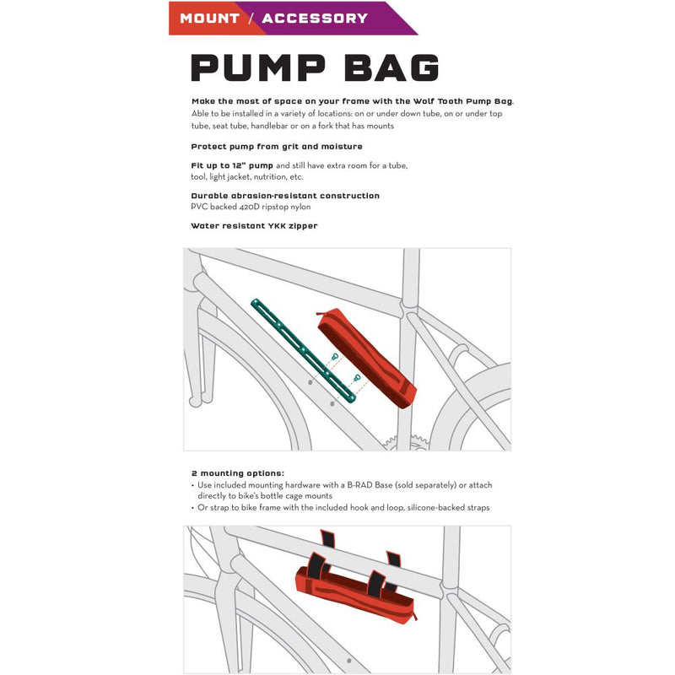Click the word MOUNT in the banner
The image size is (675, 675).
point(209,18)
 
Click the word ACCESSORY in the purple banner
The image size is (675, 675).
point(315,18)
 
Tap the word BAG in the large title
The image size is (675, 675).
point(392,68)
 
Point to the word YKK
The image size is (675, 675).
point(272,225)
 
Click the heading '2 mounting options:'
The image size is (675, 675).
point(238,473)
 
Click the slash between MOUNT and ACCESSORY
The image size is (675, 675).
point(251,18)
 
